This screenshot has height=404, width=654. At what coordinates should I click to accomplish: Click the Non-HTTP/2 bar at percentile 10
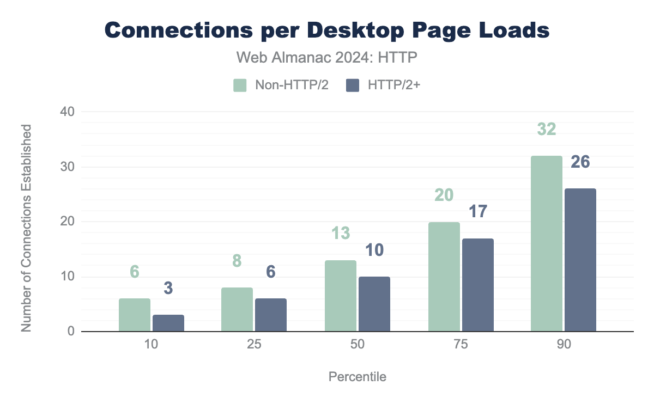(135, 315)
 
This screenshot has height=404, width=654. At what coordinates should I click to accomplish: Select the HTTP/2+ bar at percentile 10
(168, 323)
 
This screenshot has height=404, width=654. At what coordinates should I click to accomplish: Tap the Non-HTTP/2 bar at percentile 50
(341, 296)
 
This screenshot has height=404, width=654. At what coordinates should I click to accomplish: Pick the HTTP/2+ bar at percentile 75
(478, 285)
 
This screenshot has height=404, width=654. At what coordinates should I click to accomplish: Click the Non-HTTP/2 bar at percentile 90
(547, 243)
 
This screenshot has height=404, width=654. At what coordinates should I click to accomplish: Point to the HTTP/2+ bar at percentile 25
(271, 315)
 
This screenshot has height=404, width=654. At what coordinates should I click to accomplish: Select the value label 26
(580, 162)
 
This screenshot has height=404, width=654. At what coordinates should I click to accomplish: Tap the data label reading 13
(341, 234)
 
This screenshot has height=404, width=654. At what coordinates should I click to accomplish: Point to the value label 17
(477, 212)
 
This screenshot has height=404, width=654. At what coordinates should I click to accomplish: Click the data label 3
(168, 289)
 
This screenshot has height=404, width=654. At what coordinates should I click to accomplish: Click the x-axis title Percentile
(358, 377)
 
